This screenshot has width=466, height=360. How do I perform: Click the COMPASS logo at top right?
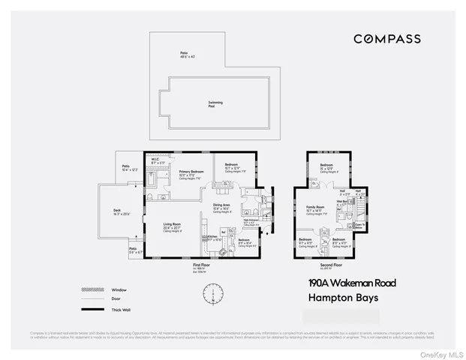tap(386, 39)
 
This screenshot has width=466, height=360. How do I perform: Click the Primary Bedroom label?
tap(191, 172)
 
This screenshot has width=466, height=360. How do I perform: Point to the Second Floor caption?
tap(332, 265)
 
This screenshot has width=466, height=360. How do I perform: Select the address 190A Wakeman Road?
tap(352, 283)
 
